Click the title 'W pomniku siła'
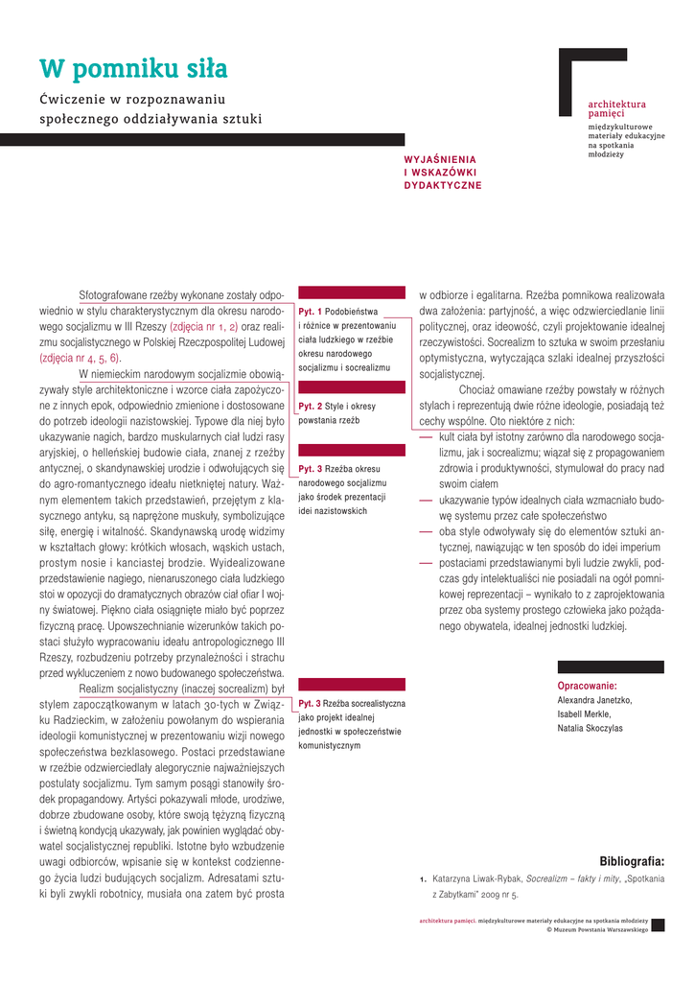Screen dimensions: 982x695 point(133,69)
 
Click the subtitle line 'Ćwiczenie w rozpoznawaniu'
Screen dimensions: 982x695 point(131,99)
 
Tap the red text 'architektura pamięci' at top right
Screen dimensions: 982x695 point(616,108)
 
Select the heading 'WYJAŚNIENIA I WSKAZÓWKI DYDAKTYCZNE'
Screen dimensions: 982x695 point(442,172)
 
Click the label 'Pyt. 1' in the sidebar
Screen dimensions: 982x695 point(310,312)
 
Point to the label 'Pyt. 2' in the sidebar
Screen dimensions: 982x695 point(310,407)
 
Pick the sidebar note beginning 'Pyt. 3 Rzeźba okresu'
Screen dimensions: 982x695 point(342,490)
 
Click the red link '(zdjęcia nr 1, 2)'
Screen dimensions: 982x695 point(203,326)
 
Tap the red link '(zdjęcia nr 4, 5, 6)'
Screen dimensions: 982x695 point(80,357)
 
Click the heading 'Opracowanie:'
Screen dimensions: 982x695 point(587,686)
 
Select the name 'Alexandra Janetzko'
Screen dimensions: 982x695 point(594,700)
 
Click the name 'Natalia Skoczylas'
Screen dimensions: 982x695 point(590,729)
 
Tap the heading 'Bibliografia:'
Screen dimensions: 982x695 point(632,861)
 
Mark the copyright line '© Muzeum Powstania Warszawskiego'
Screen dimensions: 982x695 point(597,930)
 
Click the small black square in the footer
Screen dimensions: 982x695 point(658,924)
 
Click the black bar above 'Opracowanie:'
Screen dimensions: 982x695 point(611,666)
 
